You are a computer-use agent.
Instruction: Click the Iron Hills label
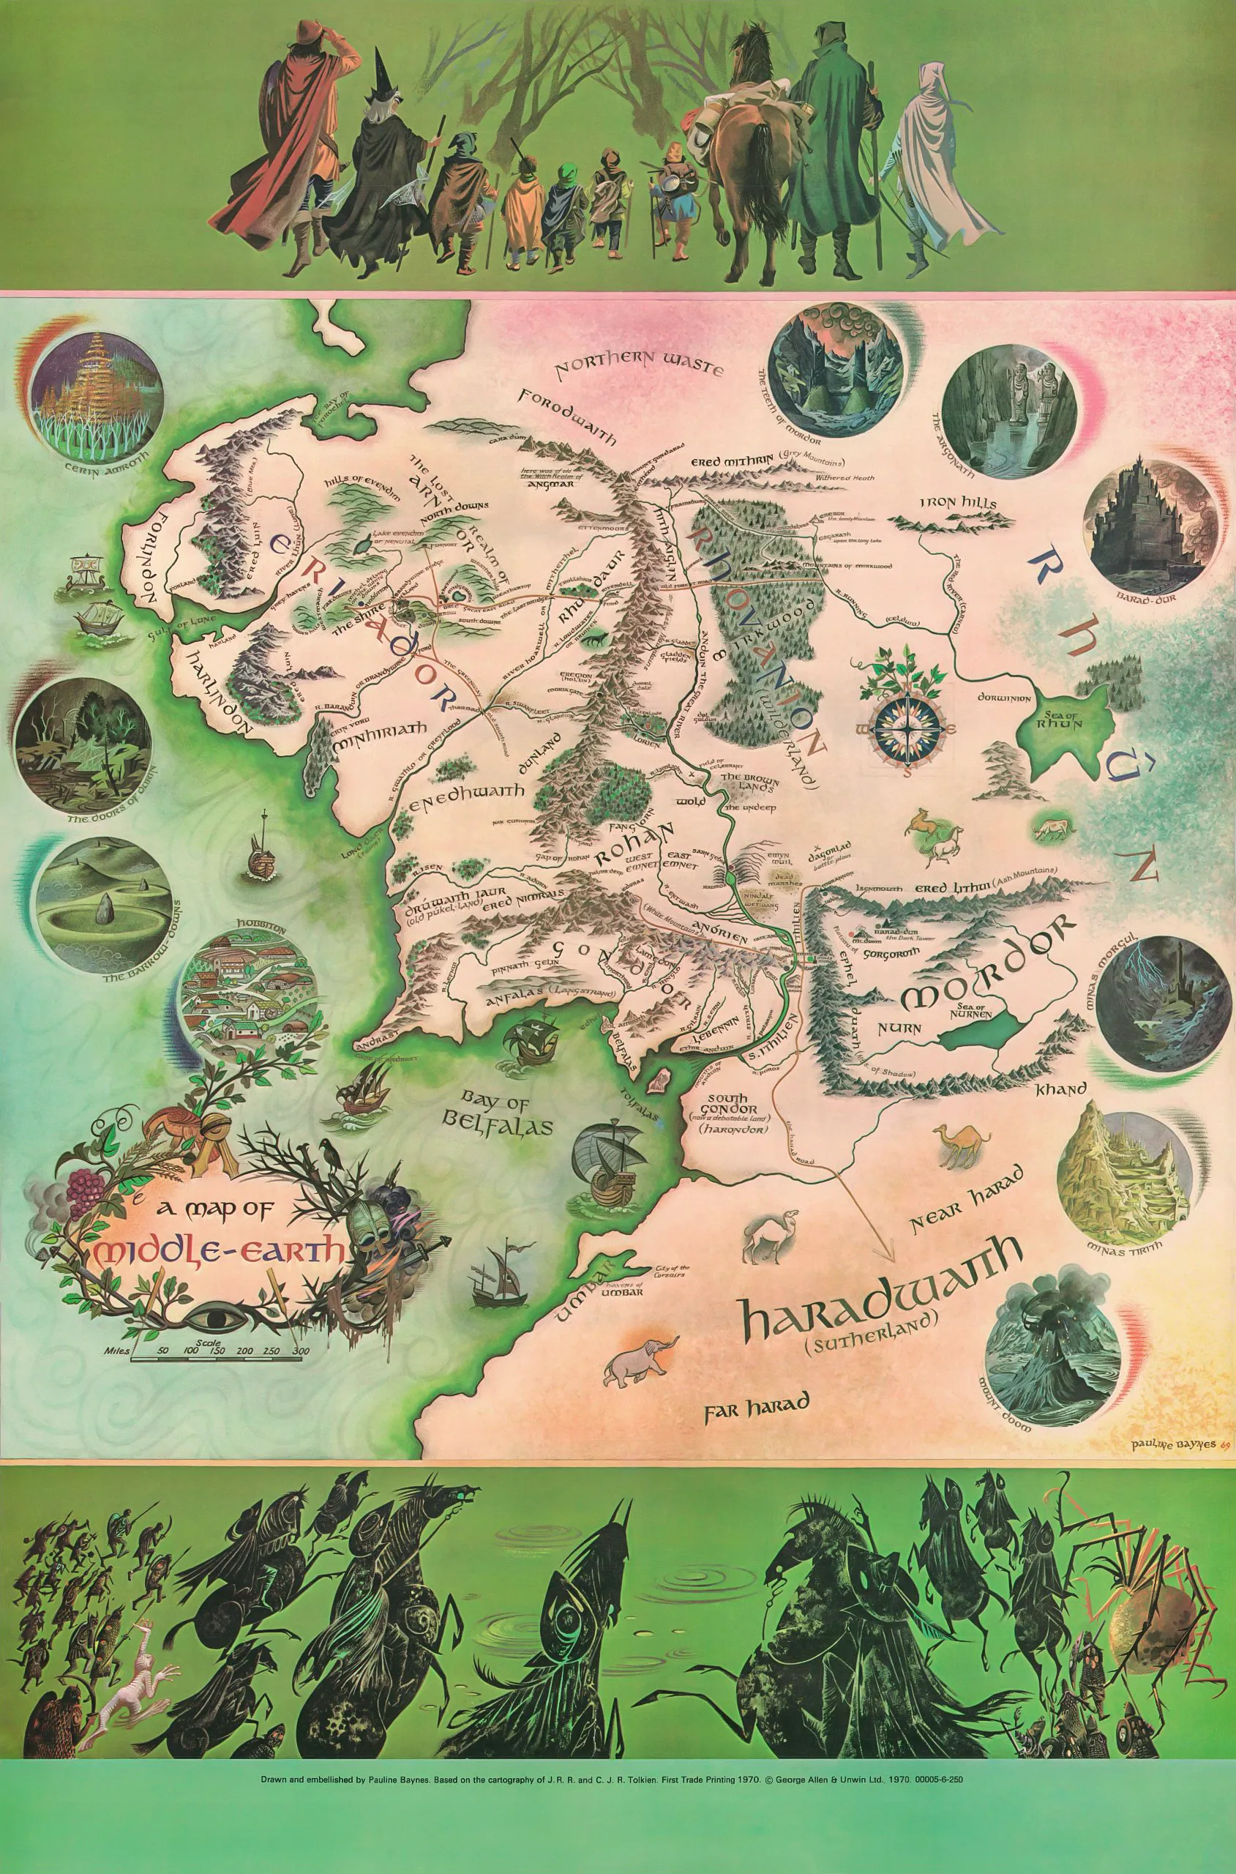point(958,503)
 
